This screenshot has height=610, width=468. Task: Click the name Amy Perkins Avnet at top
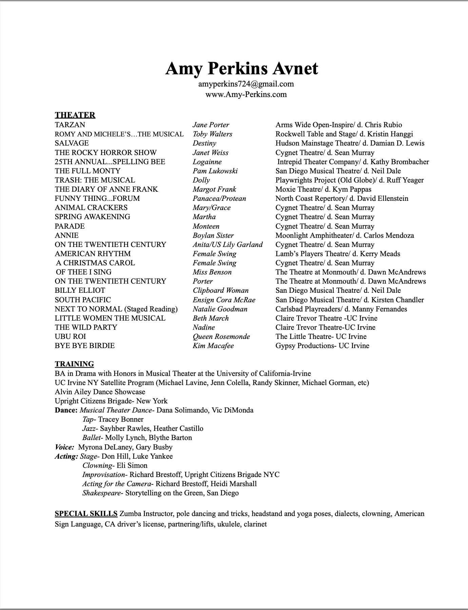click(x=241, y=69)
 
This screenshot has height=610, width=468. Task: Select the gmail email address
click(x=246, y=84)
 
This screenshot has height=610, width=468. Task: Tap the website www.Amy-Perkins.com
click(x=246, y=94)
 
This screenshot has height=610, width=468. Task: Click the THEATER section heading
click(x=75, y=115)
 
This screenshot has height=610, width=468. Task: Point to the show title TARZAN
click(x=70, y=125)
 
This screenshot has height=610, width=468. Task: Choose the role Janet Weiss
click(x=210, y=153)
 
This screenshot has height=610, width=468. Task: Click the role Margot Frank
click(x=214, y=189)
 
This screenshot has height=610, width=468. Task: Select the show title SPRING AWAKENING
click(x=92, y=217)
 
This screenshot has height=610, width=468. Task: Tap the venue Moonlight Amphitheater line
click(x=345, y=235)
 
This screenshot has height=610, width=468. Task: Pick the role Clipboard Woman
click(x=220, y=290)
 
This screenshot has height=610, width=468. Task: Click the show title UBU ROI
click(x=70, y=337)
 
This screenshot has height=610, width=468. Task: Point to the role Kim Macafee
click(x=213, y=346)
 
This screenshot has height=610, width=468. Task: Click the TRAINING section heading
click(x=74, y=364)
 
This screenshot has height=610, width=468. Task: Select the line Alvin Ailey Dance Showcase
click(x=100, y=392)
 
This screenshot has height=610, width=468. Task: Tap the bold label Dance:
click(x=66, y=410)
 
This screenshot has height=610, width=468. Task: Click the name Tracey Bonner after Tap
click(x=121, y=419)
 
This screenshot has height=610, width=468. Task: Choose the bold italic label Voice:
click(x=64, y=447)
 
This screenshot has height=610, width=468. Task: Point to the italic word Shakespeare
click(x=101, y=493)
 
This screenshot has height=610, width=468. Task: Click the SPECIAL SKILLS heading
click(x=86, y=514)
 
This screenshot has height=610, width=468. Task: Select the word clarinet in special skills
click(x=255, y=524)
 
